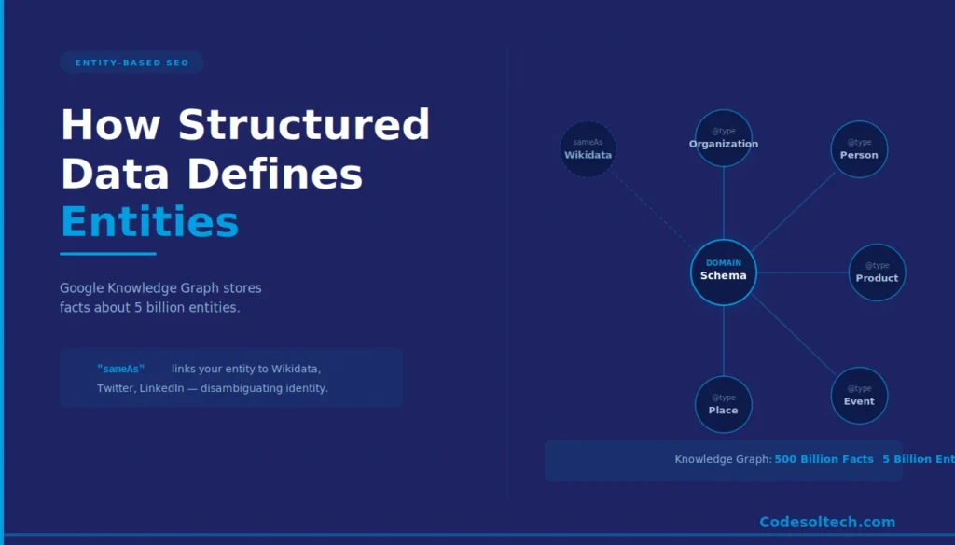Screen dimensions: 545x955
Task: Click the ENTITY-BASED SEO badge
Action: pos(131,63)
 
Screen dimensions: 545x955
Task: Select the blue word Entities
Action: pos(149,222)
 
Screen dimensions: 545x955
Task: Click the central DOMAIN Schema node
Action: pos(723,272)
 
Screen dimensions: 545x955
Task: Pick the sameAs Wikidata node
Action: pos(588,149)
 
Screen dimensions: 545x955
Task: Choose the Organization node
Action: pos(723,139)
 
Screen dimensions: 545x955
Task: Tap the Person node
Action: pos(858,149)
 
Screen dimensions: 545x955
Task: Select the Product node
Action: pos(877,272)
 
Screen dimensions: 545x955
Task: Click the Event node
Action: pos(858,396)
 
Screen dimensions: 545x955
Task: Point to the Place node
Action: pos(723,405)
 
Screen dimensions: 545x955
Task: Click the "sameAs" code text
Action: pos(120,370)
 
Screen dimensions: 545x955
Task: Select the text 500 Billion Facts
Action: pos(824,459)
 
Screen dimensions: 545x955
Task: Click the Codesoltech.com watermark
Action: pos(826,523)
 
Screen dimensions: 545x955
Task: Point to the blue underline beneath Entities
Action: pos(107,254)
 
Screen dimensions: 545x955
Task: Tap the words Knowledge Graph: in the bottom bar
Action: pos(723,459)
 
